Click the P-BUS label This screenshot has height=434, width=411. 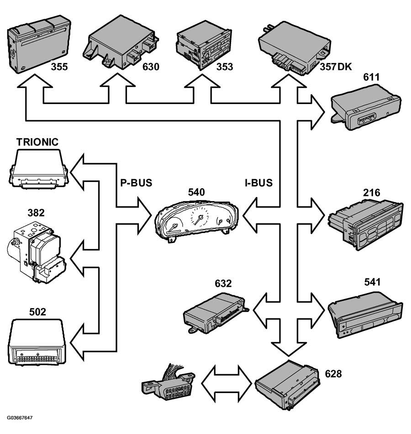(x=136, y=183)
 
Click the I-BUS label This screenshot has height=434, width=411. (x=259, y=183)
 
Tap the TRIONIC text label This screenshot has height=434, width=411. (x=37, y=142)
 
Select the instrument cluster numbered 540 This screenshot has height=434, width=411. (x=197, y=221)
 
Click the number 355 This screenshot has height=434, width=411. (x=59, y=67)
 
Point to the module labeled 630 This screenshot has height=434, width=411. (x=121, y=42)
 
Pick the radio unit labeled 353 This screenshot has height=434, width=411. (x=204, y=45)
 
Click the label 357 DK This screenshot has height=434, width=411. (x=336, y=67)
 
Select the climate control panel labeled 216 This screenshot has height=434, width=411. (x=366, y=224)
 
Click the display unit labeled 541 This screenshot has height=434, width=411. (x=365, y=315)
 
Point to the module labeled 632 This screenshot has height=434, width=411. (x=216, y=313)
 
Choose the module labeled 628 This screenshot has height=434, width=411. (x=287, y=385)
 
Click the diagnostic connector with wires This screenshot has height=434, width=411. (x=169, y=382)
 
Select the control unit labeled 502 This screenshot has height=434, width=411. (x=37, y=342)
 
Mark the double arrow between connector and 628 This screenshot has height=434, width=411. (x=227, y=384)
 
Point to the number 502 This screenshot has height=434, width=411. (x=37, y=312)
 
